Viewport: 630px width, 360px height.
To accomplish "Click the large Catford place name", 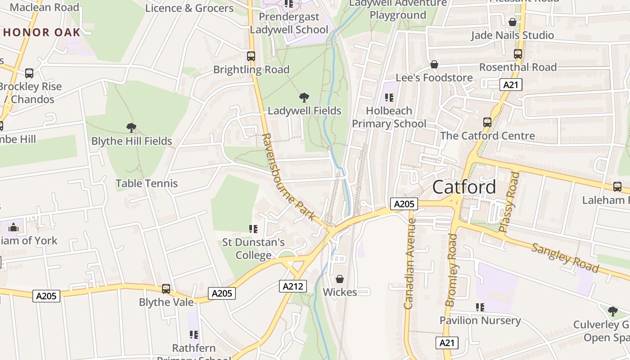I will click(464, 187).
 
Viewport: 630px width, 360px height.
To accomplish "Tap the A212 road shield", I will click(293, 286).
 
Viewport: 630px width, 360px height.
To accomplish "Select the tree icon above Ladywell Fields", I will click(304, 97).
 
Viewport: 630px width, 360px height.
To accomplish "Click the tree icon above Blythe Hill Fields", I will click(131, 128).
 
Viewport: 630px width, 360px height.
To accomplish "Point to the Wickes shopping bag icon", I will click(340, 279).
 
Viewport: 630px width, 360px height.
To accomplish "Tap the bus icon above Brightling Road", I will click(251, 56).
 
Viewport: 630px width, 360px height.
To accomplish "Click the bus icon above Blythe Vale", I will click(166, 289).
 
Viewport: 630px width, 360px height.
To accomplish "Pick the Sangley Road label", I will click(565, 257).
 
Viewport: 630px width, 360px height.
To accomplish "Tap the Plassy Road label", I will click(509, 202).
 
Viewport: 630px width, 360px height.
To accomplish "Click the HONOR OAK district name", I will click(41, 32).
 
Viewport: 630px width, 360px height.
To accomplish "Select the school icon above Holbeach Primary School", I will click(389, 98).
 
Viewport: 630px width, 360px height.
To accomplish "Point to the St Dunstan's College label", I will click(253, 249).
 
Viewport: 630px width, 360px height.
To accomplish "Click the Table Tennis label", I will click(147, 183).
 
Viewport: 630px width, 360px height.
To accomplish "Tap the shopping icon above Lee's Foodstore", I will click(434, 65).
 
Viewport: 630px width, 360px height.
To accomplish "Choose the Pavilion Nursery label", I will click(480, 320).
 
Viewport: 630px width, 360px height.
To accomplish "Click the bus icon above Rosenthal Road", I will click(518, 54).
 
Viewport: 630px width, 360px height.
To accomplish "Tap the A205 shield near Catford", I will click(404, 204).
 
